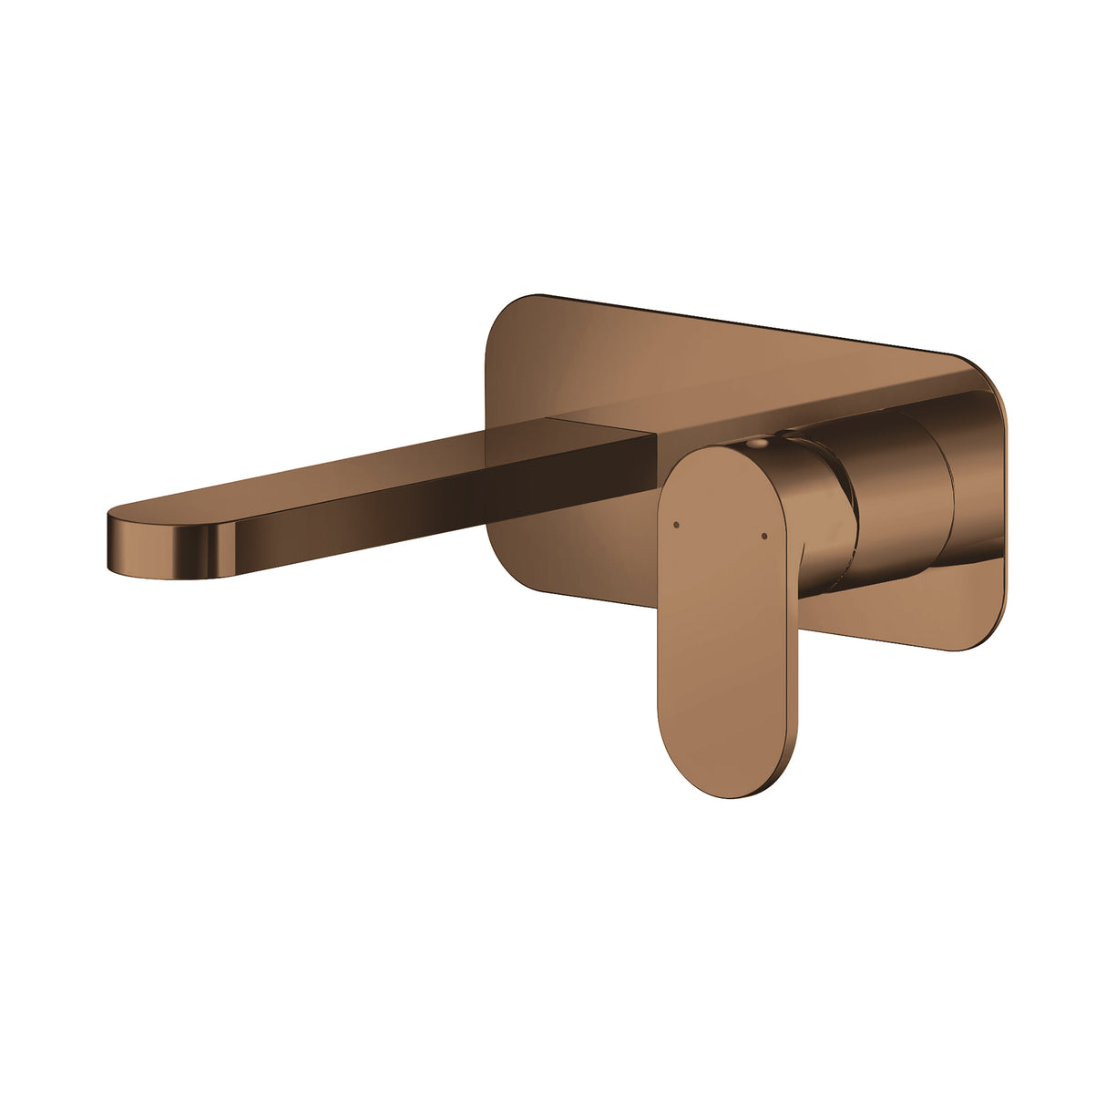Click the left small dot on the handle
(675, 525)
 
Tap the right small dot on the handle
(763, 535)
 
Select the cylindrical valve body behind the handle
(897, 510)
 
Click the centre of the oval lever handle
(724, 620)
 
